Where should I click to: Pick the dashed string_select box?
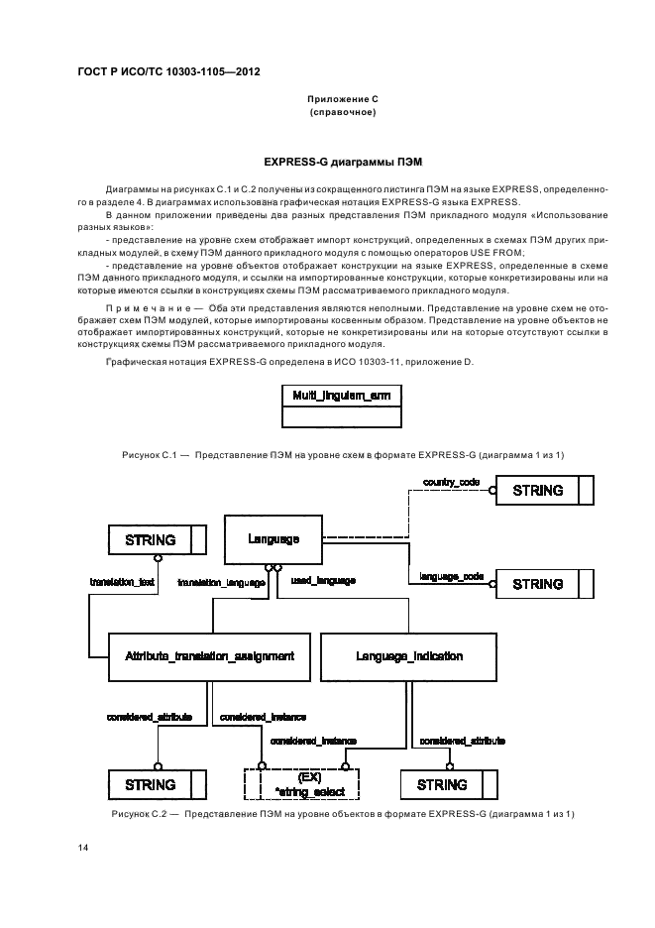pos(300,784)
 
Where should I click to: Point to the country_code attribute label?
pos(452,481)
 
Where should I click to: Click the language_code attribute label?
pos(452,575)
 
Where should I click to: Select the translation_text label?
pos(122,582)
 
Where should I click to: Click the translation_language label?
pos(220,583)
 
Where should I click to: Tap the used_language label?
pos(322,579)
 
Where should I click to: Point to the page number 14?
pos(83,849)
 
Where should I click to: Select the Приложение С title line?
pos(343,100)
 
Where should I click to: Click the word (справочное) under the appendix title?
pos(343,112)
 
